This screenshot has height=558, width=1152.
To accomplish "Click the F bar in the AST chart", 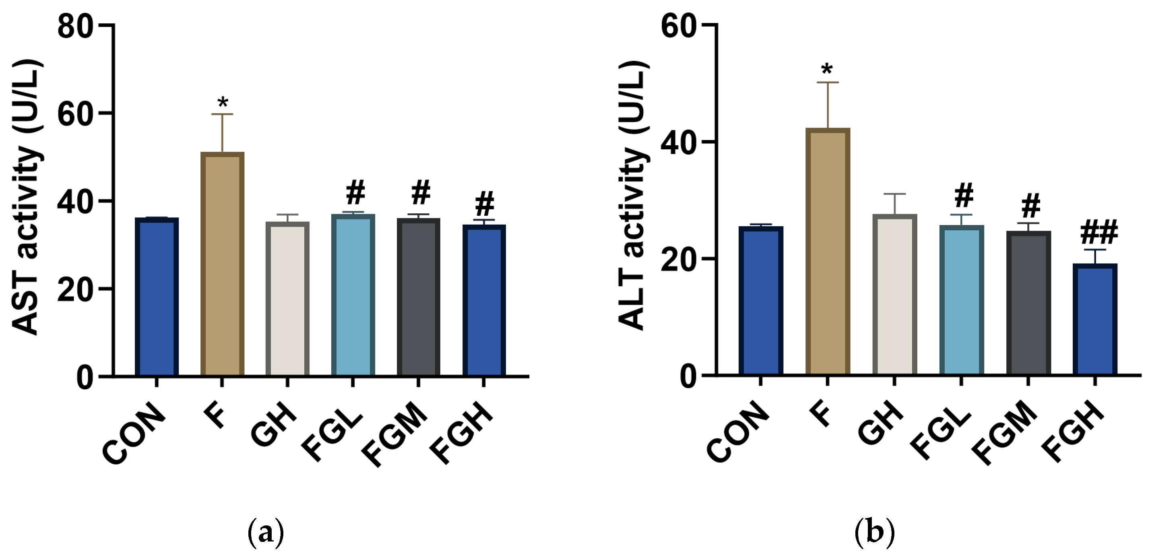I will (222, 264).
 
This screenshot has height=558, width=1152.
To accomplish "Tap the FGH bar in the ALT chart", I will (1095, 320).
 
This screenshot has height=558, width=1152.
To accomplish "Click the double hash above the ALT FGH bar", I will (1099, 232).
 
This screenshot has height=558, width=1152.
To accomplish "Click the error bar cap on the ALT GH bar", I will (894, 194).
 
